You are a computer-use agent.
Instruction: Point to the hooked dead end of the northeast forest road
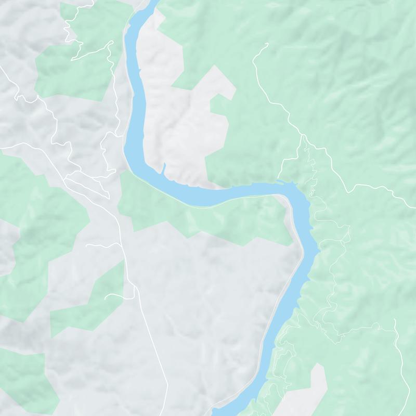(x=267, y=44)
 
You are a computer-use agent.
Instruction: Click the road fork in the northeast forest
(x=302, y=136)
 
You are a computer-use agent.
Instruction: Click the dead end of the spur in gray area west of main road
(x=87, y=244)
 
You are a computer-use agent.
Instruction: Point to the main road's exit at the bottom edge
(x=167, y=414)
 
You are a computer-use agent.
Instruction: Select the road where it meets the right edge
(x=414, y=200)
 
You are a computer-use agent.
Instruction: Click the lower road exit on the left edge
(x=1, y=148)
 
